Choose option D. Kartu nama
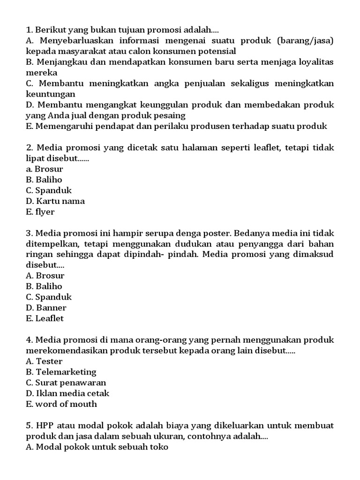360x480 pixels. tap(55, 201)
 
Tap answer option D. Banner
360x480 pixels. tap(46, 307)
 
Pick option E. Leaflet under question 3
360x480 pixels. tap(45, 318)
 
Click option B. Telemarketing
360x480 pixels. tap(61, 372)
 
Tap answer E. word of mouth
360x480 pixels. tap(61, 404)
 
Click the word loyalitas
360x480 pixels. tap(315, 62)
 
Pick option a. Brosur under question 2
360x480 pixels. tap(45, 169)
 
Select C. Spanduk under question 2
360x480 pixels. tap(49, 190)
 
